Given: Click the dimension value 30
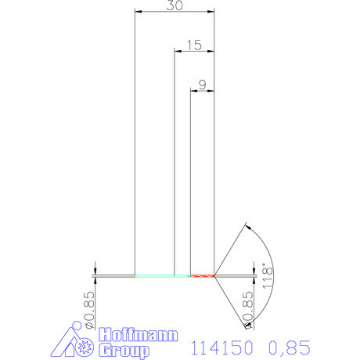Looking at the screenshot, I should click(x=175, y=5).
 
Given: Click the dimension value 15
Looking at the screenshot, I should click(x=194, y=45).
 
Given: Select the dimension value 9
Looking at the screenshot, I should click(x=203, y=85).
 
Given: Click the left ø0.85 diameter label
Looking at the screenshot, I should click(x=88, y=309).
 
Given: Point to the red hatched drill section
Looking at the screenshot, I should click(x=203, y=275).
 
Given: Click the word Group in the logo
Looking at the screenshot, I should click(x=123, y=351).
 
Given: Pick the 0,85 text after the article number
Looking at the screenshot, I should click(x=290, y=345).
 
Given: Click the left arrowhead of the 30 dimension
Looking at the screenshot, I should click(x=139, y=12).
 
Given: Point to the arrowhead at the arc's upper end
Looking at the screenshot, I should click(x=247, y=228).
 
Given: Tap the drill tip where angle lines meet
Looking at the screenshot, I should click(x=215, y=275).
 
